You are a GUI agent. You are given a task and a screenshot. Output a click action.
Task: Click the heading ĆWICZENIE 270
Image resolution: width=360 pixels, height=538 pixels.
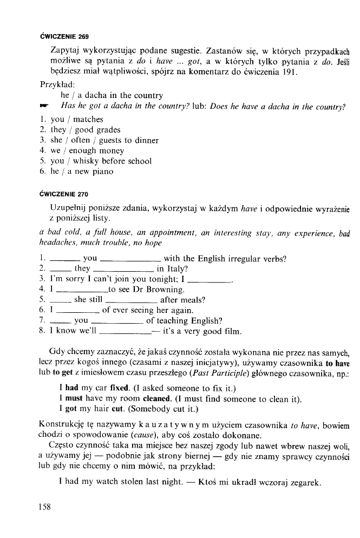click(x=64, y=193)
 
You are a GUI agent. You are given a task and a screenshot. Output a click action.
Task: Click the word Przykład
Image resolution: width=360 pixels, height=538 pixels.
click(x=58, y=85)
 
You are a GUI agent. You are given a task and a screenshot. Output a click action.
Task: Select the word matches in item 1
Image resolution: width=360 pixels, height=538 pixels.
click(x=88, y=119)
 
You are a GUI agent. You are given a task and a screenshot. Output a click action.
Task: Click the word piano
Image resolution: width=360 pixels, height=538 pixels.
click(x=103, y=172)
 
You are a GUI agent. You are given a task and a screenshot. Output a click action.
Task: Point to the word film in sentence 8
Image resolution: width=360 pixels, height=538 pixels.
click(x=232, y=331)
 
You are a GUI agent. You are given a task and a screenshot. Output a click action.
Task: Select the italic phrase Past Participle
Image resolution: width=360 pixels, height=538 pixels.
click(x=218, y=373)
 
